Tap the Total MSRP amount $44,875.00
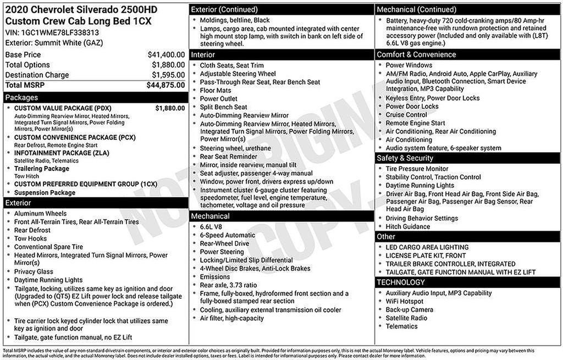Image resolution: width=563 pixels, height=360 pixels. [x=165, y=85]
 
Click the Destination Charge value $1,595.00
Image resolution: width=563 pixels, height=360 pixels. [x=168, y=75]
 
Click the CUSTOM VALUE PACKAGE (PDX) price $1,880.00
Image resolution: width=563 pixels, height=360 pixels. [x=170, y=108]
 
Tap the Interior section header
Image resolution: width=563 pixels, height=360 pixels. [x=203, y=54]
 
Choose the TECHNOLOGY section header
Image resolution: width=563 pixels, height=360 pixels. [x=401, y=283]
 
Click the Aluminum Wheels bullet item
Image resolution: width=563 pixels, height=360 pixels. [x=40, y=214]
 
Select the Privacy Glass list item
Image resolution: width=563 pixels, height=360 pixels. [x=34, y=272]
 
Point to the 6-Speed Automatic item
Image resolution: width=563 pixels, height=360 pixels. [x=228, y=235]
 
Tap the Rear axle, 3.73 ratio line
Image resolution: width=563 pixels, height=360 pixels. [x=228, y=285]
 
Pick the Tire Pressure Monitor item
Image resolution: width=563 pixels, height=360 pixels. [x=417, y=169]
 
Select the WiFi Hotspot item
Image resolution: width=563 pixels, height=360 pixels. [x=404, y=301]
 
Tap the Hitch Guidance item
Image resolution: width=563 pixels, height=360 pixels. [x=407, y=226]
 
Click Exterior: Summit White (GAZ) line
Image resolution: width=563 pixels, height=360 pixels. [x=48, y=42]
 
